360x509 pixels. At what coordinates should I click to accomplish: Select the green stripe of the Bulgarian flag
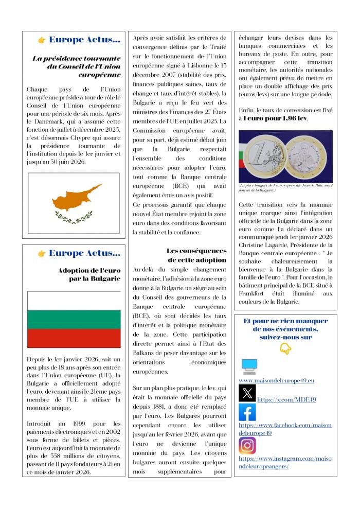pyautogui.click(x=74, y=320)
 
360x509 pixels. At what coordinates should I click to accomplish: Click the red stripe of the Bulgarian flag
pyautogui.click(x=74, y=339)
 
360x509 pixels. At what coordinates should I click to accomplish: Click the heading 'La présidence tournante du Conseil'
pyautogui.click(x=77, y=66)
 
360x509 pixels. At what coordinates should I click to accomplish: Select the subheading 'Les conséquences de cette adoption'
pyautogui.click(x=196, y=255)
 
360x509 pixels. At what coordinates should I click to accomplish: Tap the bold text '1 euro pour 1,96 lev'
pyautogui.click(x=276, y=118)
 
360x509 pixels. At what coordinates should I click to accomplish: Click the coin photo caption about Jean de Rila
pyautogui.click(x=285, y=188)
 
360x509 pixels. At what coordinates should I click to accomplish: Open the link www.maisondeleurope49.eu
pyautogui.click(x=276, y=380)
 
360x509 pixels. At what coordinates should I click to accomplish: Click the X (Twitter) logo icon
pyautogui.click(x=247, y=393)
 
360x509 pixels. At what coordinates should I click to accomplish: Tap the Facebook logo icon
pyautogui.click(x=247, y=412)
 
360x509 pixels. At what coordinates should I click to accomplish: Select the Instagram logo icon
pyautogui.click(x=247, y=445)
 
